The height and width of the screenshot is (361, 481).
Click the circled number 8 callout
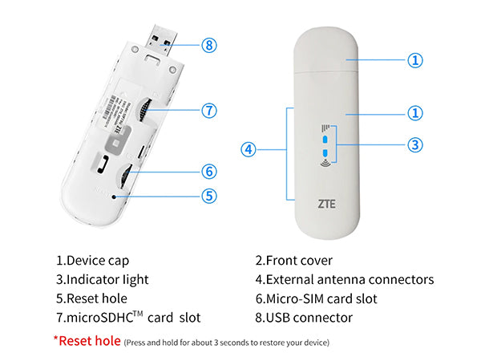(209, 45)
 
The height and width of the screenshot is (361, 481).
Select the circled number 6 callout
(209, 171)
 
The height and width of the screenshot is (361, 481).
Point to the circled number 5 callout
(209, 195)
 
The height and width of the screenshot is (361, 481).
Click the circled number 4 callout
(249, 149)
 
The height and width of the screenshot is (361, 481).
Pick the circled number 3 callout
(414, 145)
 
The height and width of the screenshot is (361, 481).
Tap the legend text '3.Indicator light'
(102, 280)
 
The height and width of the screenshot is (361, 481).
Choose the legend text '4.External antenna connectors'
(344, 280)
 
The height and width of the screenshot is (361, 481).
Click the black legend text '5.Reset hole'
(90, 299)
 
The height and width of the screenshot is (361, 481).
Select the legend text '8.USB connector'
(304, 318)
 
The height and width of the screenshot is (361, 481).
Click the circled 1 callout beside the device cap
(414, 59)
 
